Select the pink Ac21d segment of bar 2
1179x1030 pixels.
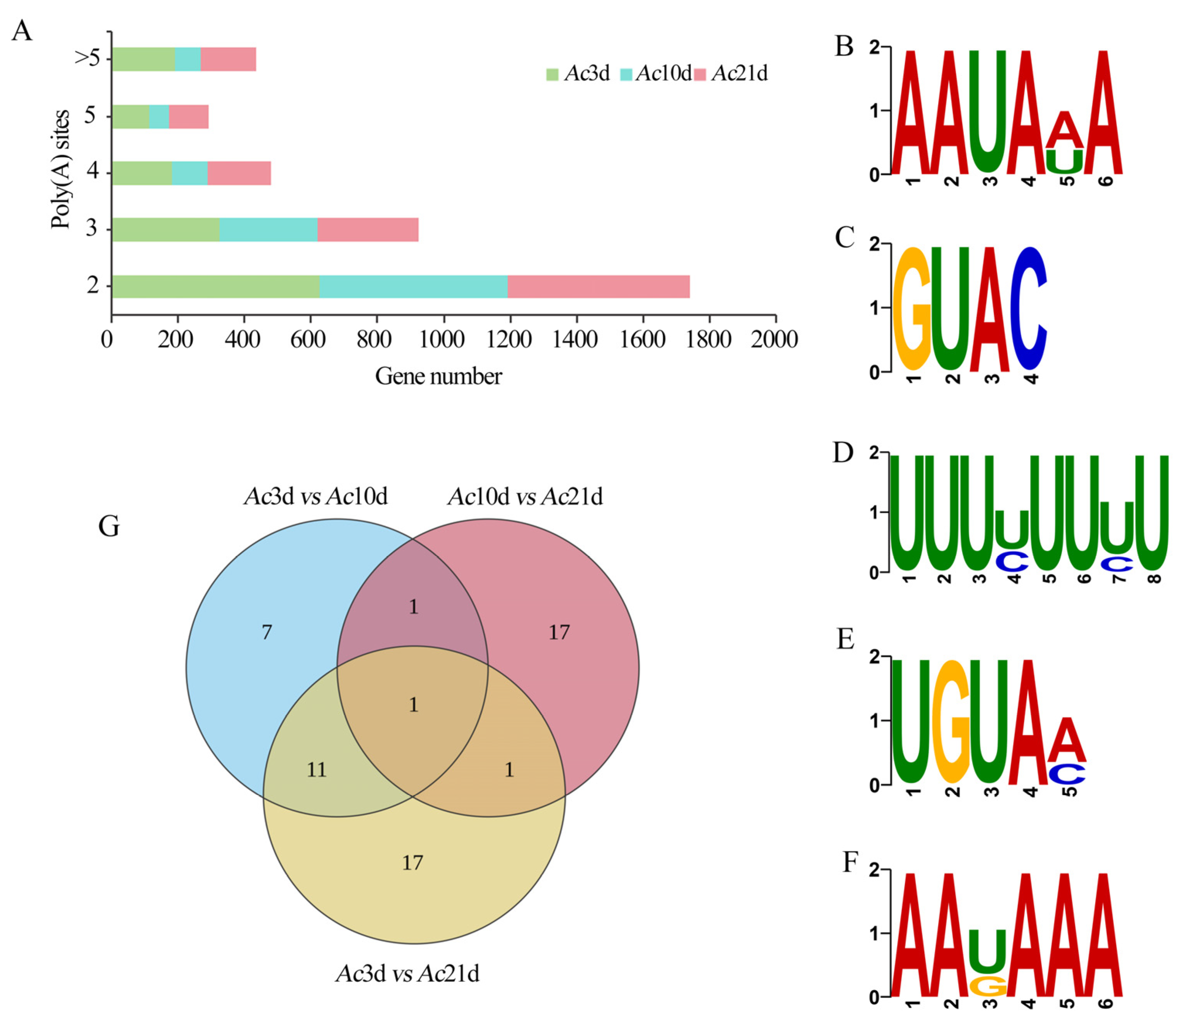coord(598,286)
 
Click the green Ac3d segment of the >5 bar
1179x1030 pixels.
coord(143,59)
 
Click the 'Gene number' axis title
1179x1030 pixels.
coord(438,376)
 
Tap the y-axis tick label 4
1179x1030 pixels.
coord(92,171)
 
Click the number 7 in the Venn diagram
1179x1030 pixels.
coord(266,632)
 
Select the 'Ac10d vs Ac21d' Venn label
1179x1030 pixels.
coord(525,496)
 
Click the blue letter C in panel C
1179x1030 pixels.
coord(1029,309)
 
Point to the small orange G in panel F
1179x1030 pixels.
coord(988,986)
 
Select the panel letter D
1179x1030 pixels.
coord(843,453)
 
